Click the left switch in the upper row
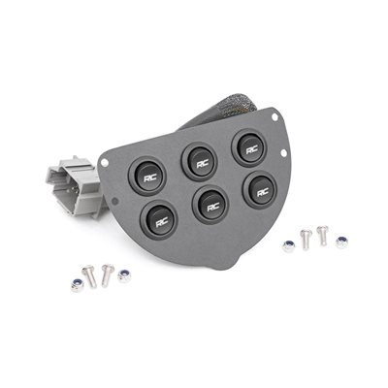click(x=147, y=176)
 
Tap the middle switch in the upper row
click(x=200, y=162)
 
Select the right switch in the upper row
click(x=249, y=148)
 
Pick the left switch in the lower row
click(x=159, y=220)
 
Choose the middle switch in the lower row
click(x=210, y=205)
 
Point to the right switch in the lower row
click(x=260, y=191)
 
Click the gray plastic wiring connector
click(x=75, y=186)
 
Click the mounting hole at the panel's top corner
click(x=275, y=116)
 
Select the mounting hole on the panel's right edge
click(x=283, y=153)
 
